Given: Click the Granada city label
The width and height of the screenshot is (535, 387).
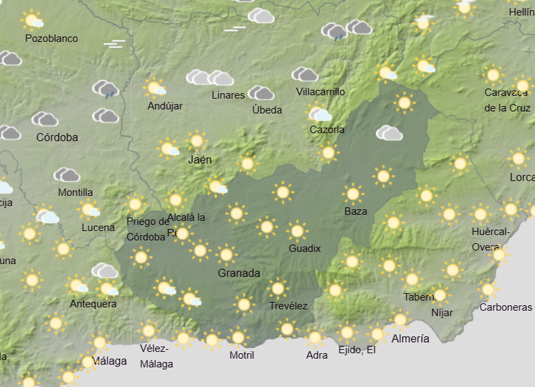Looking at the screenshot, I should pyautogui.click(x=239, y=273).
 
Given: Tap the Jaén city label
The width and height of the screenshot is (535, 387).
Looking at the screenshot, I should pyautogui.click(x=200, y=159).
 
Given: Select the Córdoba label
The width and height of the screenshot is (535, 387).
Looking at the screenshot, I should pyautogui.click(x=57, y=137).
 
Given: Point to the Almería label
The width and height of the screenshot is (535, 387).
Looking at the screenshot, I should pyautogui.click(x=410, y=339).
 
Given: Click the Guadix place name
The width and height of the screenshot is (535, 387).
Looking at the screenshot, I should pyautogui.click(x=305, y=248).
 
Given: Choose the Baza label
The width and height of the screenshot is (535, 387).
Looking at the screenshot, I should pyautogui.click(x=356, y=211).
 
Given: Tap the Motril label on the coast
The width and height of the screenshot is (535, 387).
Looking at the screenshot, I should pyautogui.click(x=242, y=355).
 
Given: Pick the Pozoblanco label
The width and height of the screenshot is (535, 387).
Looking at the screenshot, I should pyautogui.click(x=51, y=38).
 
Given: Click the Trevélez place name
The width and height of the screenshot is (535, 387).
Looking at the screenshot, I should pyautogui.click(x=288, y=306).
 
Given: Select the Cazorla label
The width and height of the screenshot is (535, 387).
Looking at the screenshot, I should pyautogui.click(x=327, y=129).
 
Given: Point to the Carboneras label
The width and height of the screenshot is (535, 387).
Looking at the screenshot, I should pyautogui.click(x=506, y=307).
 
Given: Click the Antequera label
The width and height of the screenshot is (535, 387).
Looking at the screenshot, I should pyautogui.click(x=93, y=304).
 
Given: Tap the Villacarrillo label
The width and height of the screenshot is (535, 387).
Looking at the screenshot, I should pyautogui.click(x=320, y=92).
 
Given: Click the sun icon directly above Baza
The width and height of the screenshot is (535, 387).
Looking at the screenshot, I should pyautogui.click(x=353, y=194).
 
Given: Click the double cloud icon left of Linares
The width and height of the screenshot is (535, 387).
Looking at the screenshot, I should pyautogui.click(x=210, y=78).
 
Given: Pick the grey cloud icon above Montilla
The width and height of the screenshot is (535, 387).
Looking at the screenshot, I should pyautogui.click(x=67, y=175).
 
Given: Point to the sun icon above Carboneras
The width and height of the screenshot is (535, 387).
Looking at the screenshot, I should pyautogui.click(x=488, y=289).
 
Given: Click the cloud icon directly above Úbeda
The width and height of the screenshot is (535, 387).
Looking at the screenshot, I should pyautogui.click(x=261, y=93).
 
